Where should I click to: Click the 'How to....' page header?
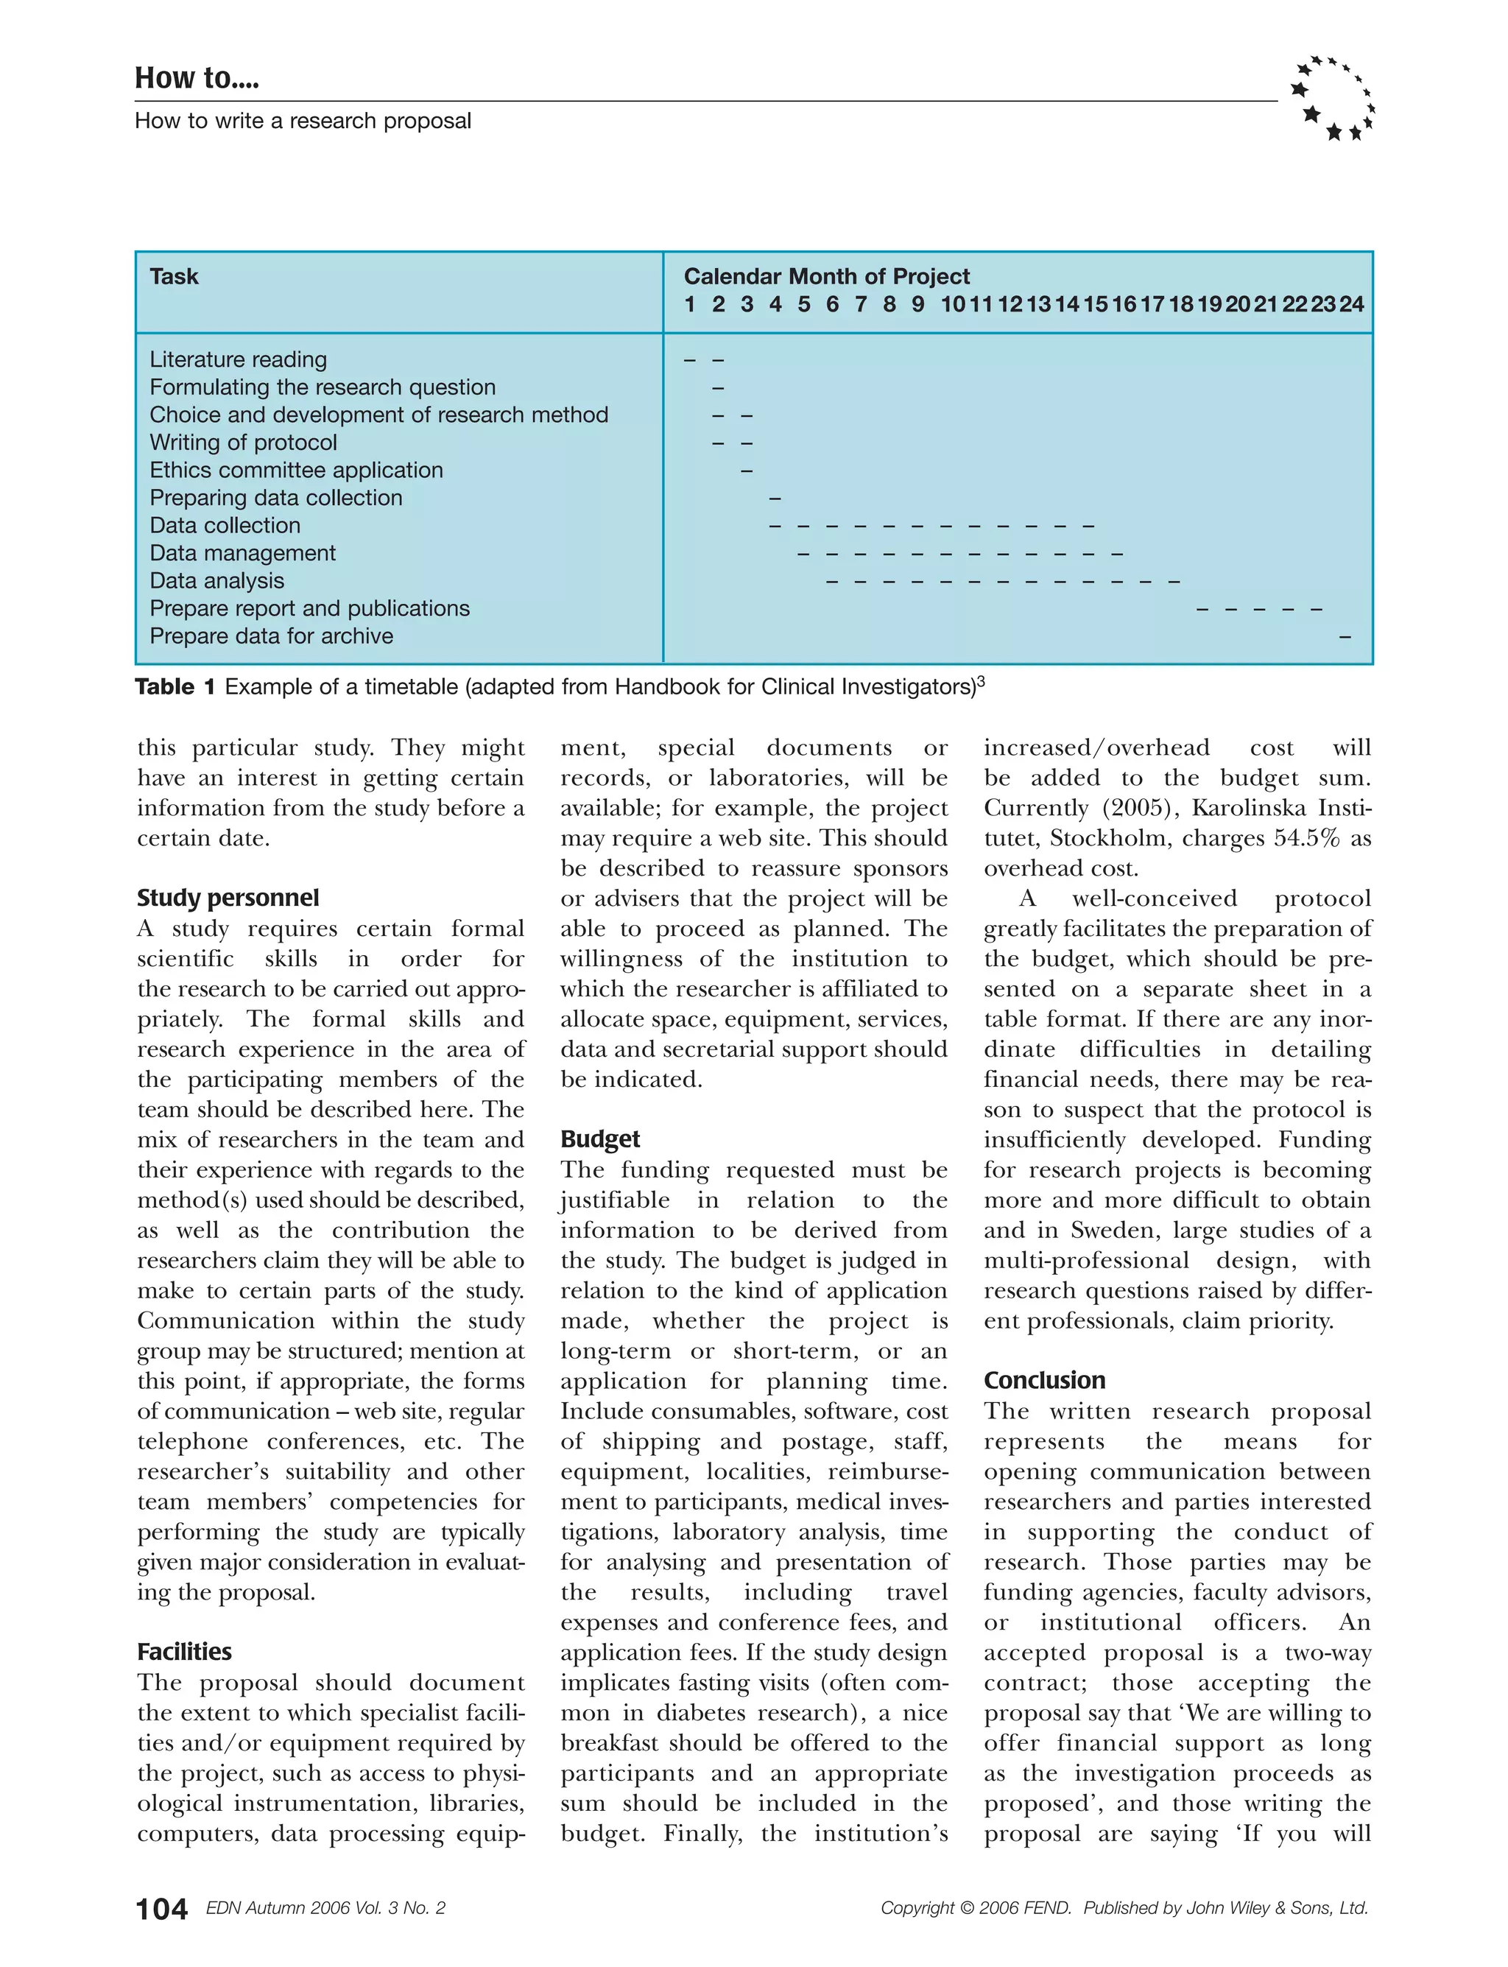point(197,78)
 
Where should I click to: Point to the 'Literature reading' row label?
point(238,359)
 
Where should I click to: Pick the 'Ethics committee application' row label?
point(296,470)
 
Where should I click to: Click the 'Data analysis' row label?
point(216,581)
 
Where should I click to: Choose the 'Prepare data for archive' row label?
point(271,636)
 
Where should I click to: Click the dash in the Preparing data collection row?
point(775,499)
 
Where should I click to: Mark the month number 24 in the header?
point(1352,304)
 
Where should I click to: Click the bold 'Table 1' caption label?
point(175,687)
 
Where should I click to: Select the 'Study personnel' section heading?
point(228,898)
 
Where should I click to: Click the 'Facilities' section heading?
point(184,1651)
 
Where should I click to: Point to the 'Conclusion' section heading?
point(1044,1380)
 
